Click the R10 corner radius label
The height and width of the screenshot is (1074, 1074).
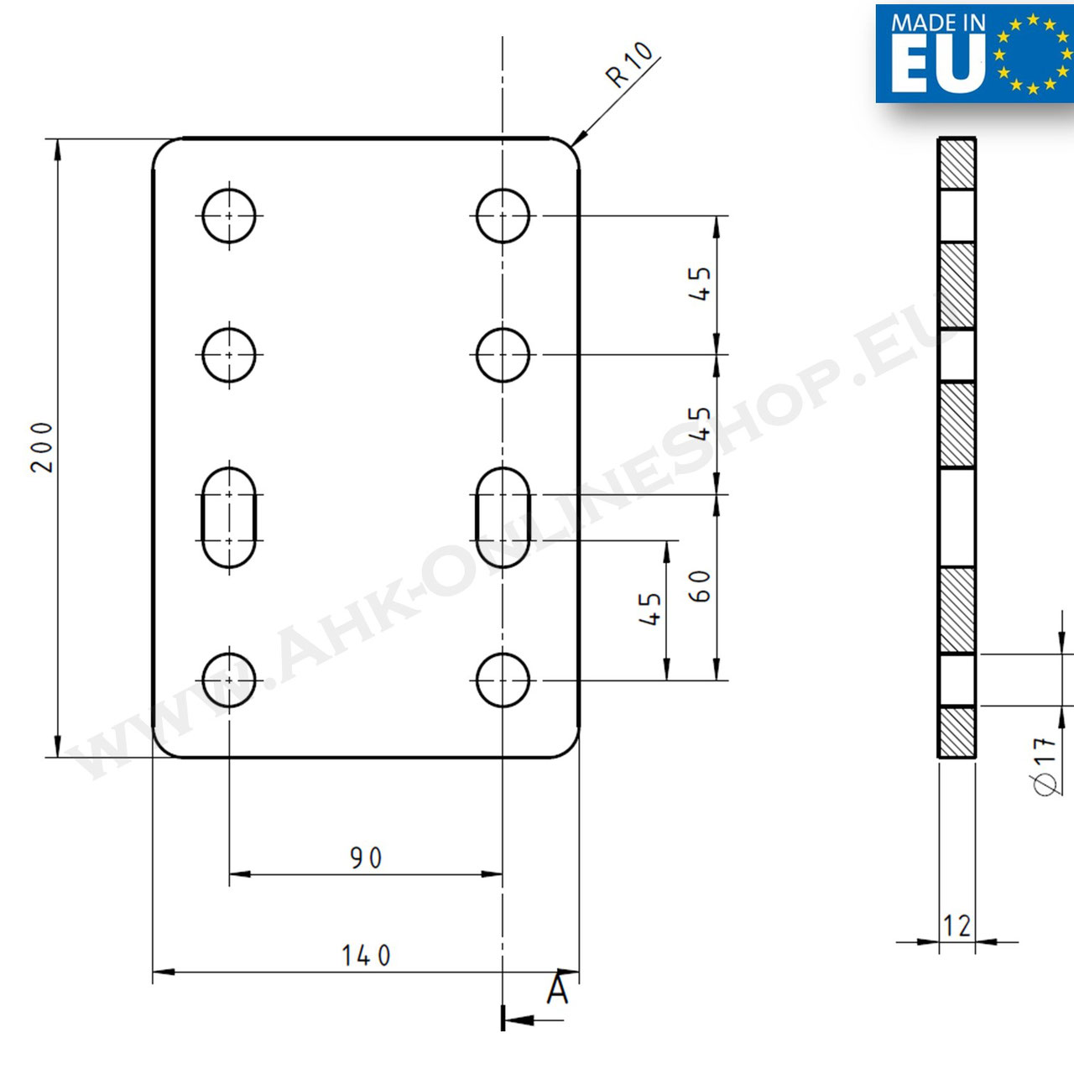(x=630, y=65)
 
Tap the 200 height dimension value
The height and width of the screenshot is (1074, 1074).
(x=42, y=447)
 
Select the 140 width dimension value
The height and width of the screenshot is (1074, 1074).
(x=366, y=956)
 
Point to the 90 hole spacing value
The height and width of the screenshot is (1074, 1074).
(x=366, y=858)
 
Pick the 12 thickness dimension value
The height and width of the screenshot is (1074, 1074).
(x=957, y=925)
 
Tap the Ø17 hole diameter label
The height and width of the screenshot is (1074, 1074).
(x=1044, y=766)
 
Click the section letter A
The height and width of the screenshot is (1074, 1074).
(x=557, y=990)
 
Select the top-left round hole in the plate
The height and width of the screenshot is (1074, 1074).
(x=229, y=216)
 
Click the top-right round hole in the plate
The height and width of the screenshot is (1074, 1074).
(x=503, y=216)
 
